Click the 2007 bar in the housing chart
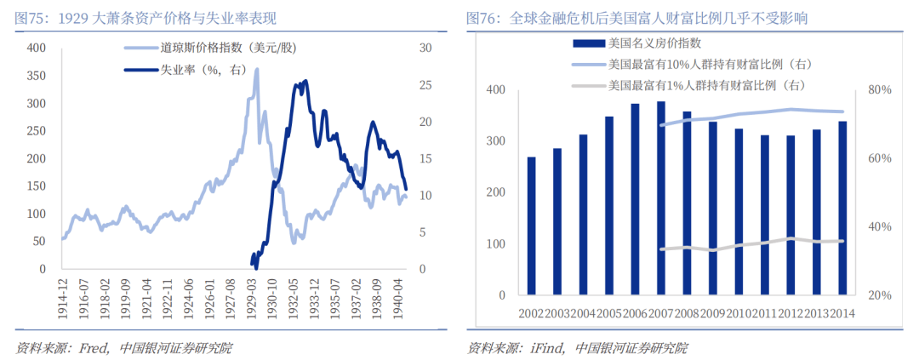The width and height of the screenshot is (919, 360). click(661, 198)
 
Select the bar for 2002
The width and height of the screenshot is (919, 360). click(532, 226)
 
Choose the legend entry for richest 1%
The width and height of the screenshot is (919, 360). click(705, 85)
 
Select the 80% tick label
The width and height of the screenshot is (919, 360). click(880, 89)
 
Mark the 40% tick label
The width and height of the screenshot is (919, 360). click(880, 227)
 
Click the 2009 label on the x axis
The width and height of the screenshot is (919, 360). click(713, 314)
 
